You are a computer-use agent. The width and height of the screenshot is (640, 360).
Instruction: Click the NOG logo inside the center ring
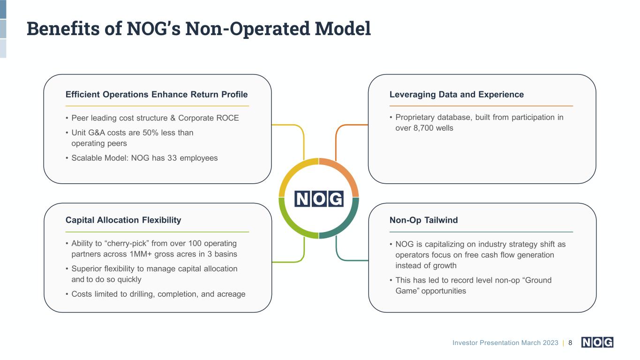pyautogui.click(x=319, y=199)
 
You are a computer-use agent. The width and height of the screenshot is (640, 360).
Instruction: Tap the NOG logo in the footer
pyautogui.click(x=597, y=342)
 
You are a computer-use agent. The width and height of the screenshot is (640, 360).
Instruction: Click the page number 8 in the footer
pyautogui.click(x=570, y=343)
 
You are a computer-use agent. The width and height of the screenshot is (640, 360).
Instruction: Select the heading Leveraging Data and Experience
pyautogui.click(x=457, y=95)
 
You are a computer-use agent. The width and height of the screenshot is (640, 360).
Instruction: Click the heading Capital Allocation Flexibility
pyautogui.click(x=123, y=220)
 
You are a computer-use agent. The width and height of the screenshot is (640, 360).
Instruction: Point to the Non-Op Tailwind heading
pyautogui.click(x=423, y=220)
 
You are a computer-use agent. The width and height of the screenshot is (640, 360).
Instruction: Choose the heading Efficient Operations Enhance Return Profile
pyautogui.click(x=157, y=95)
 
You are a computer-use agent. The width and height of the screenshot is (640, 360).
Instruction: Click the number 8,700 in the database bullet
pyautogui.click(x=423, y=128)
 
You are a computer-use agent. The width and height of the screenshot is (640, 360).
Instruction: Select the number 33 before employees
pyautogui.click(x=172, y=158)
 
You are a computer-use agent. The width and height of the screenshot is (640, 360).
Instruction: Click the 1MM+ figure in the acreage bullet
pyautogui.click(x=141, y=254)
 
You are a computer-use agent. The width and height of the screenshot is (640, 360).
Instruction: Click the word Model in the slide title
pyautogui.click(x=343, y=29)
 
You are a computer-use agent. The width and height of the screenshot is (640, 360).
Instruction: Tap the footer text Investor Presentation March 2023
pyautogui.click(x=505, y=343)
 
